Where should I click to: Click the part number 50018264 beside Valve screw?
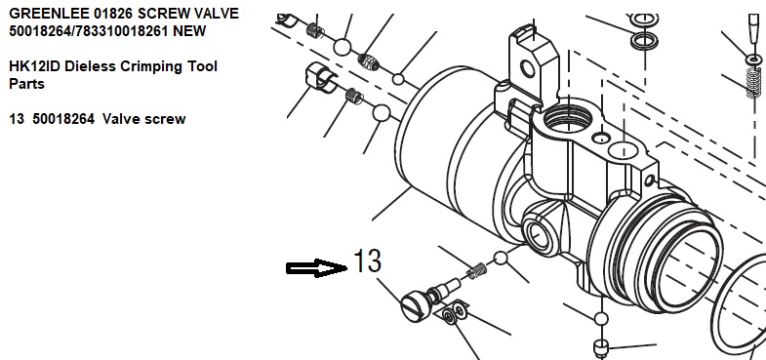click(x=63, y=119)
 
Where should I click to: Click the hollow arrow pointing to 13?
click(x=316, y=268)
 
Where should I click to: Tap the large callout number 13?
click(x=367, y=260)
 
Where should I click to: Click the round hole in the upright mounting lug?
click(x=528, y=69)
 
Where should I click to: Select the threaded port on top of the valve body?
click(x=568, y=118)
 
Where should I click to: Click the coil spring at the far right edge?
click(x=754, y=83)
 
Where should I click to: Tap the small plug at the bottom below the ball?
click(x=601, y=347)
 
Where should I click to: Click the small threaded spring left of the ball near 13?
click(x=476, y=270)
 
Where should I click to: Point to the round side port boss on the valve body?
click(x=540, y=232)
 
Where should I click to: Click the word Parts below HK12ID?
click(x=27, y=84)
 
